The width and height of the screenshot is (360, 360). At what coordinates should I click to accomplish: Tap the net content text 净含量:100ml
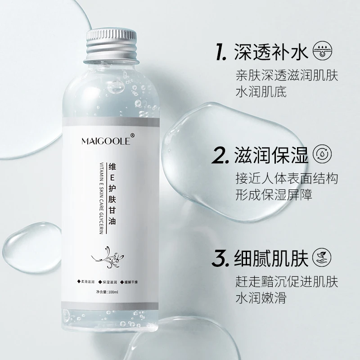coord(107,292)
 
